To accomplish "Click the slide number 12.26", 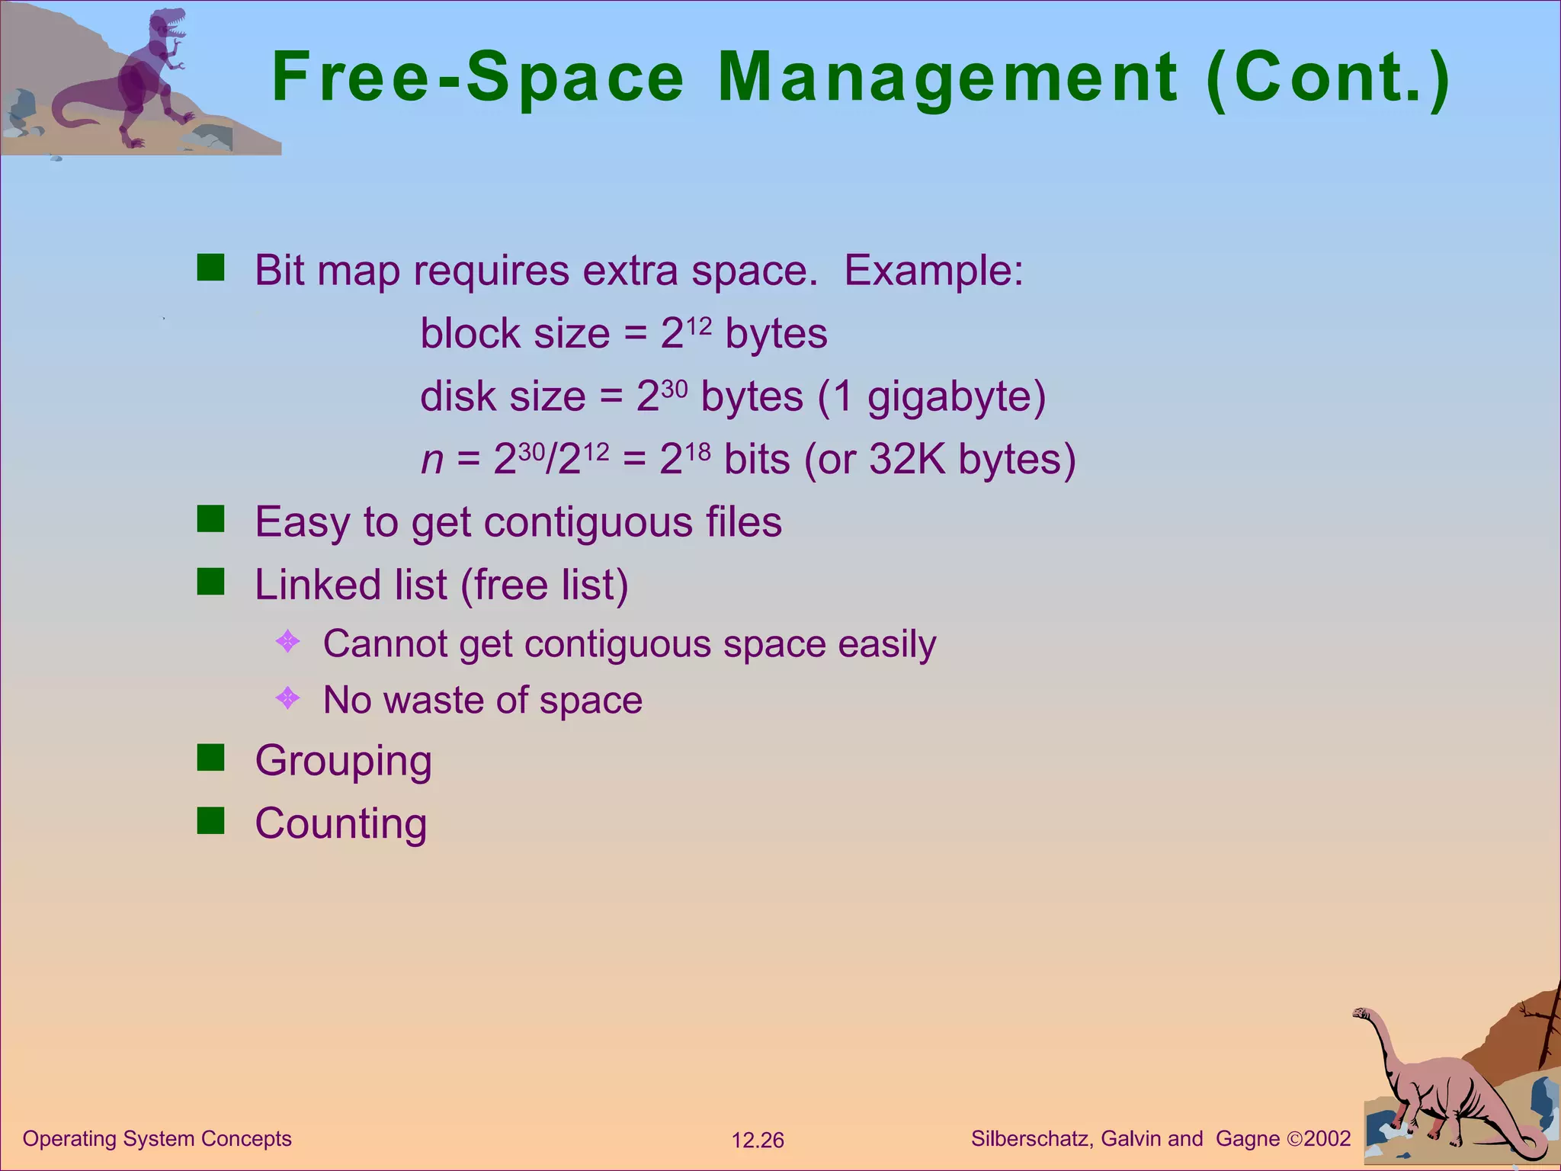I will point(757,1141).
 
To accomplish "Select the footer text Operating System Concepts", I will point(157,1138).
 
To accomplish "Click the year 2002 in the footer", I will point(1327,1138).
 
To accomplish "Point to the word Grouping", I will point(343,761).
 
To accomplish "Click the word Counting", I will point(341,823).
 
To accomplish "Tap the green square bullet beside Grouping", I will point(210,758).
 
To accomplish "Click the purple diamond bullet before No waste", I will point(287,698).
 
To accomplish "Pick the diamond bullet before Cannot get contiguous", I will point(287,641).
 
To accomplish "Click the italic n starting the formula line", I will point(432,460).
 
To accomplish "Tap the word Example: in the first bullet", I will point(934,270).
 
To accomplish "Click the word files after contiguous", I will point(743,522).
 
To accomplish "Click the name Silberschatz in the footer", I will point(1032,1138).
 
